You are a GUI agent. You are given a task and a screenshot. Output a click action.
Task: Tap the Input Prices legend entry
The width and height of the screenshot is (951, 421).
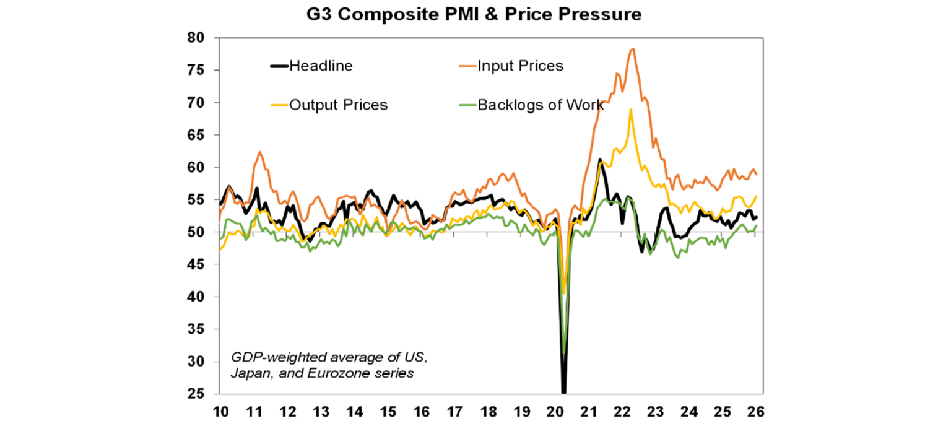coord(520,66)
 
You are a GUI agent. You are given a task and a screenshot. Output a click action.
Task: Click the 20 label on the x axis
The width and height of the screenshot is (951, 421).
coord(555,410)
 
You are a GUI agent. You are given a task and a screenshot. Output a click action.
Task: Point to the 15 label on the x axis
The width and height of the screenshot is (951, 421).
coord(387,410)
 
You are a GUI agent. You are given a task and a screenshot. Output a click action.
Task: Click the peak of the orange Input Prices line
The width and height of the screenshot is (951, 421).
coord(633,49)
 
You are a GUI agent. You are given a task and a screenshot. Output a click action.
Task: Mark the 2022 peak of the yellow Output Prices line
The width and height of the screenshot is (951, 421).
coord(630,110)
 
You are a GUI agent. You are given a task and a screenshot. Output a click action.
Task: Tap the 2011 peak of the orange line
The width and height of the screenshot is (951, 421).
coord(259,152)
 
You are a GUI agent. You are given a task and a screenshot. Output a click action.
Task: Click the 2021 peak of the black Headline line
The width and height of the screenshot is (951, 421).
coord(599,160)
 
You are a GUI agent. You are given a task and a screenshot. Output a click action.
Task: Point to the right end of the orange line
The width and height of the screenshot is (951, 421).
coord(756,175)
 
